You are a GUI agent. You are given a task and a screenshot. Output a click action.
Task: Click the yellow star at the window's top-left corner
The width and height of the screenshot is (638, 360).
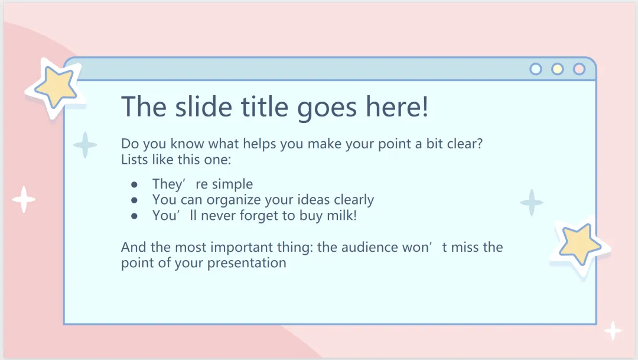[x=56, y=86]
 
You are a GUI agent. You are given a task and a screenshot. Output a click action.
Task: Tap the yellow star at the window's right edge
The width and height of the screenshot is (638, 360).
[x=580, y=244]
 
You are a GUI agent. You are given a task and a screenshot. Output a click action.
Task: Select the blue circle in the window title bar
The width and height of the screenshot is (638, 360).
[x=536, y=69]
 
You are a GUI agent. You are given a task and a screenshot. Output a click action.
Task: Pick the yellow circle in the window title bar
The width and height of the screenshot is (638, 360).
[x=558, y=69]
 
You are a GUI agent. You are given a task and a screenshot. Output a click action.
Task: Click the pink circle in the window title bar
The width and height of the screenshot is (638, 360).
[x=579, y=69]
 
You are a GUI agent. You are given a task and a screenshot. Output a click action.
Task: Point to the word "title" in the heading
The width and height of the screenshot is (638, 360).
[x=265, y=106]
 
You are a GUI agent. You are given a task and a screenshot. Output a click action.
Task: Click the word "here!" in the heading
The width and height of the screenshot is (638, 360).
[x=397, y=106]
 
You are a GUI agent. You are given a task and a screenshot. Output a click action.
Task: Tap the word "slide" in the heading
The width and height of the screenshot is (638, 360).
[x=203, y=106]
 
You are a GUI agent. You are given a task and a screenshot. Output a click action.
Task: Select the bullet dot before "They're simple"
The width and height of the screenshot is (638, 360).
[x=134, y=185]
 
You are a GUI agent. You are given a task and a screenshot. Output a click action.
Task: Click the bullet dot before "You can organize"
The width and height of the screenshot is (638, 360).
[x=134, y=200]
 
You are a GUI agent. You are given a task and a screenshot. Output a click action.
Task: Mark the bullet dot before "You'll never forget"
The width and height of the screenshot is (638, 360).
[x=134, y=216]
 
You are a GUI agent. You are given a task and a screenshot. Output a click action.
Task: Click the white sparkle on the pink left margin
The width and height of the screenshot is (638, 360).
[x=24, y=200]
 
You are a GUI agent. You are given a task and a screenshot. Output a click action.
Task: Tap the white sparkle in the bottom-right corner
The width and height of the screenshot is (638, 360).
[x=613, y=330]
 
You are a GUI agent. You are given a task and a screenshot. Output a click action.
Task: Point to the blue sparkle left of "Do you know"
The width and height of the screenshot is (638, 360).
[x=85, y=145]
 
